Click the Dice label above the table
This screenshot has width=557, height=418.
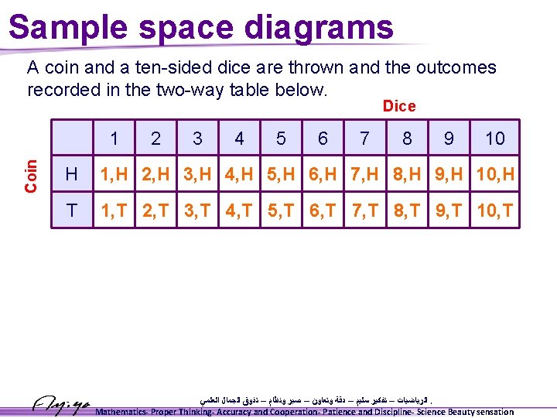pos(399,106)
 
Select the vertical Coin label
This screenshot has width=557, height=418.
pos(32,175)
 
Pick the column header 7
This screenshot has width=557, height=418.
pos(364,139)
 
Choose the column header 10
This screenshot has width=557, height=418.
pos(494,139)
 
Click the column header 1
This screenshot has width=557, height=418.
pos(114,139)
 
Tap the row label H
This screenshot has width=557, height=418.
pos(72,175)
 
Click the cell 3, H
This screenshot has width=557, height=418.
pos(198,175)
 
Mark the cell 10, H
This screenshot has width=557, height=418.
pos(494,175)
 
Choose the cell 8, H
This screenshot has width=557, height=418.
pos(406,175)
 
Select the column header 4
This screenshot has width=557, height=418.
pos(239,139)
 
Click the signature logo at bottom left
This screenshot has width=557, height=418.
pos(62,403)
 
